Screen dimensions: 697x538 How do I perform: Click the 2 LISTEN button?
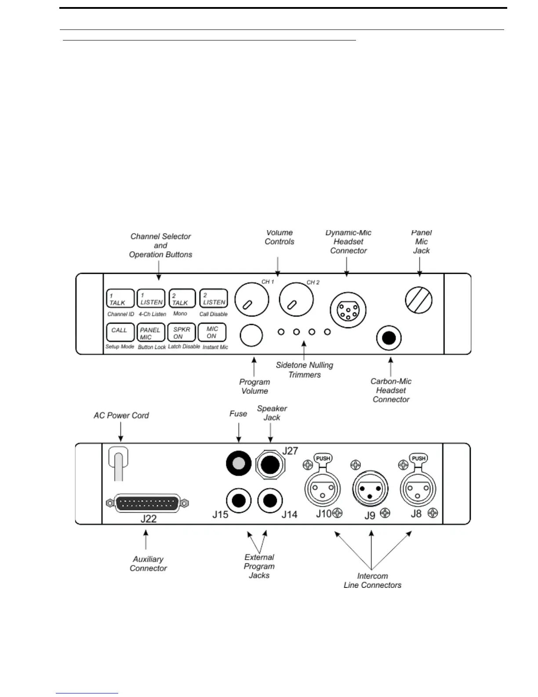214,298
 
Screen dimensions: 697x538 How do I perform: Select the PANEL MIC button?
151,333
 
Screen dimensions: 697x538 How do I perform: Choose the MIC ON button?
212,332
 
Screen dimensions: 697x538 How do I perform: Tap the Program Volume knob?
251,335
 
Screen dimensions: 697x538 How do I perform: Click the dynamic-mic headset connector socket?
348,310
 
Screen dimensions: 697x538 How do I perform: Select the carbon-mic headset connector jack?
389,338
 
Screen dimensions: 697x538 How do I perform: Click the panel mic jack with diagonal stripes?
418,301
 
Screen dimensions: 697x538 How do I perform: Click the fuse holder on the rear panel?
238,463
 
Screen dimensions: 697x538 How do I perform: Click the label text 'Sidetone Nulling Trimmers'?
305,370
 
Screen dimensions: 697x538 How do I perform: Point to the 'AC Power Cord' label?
121,415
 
